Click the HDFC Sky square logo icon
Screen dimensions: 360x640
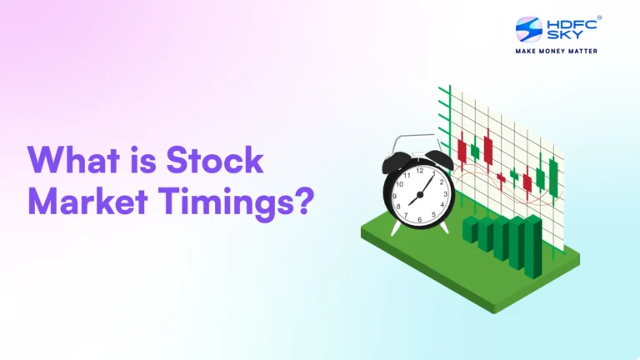coord(528,29)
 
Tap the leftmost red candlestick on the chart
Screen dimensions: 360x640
coord(462,150)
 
